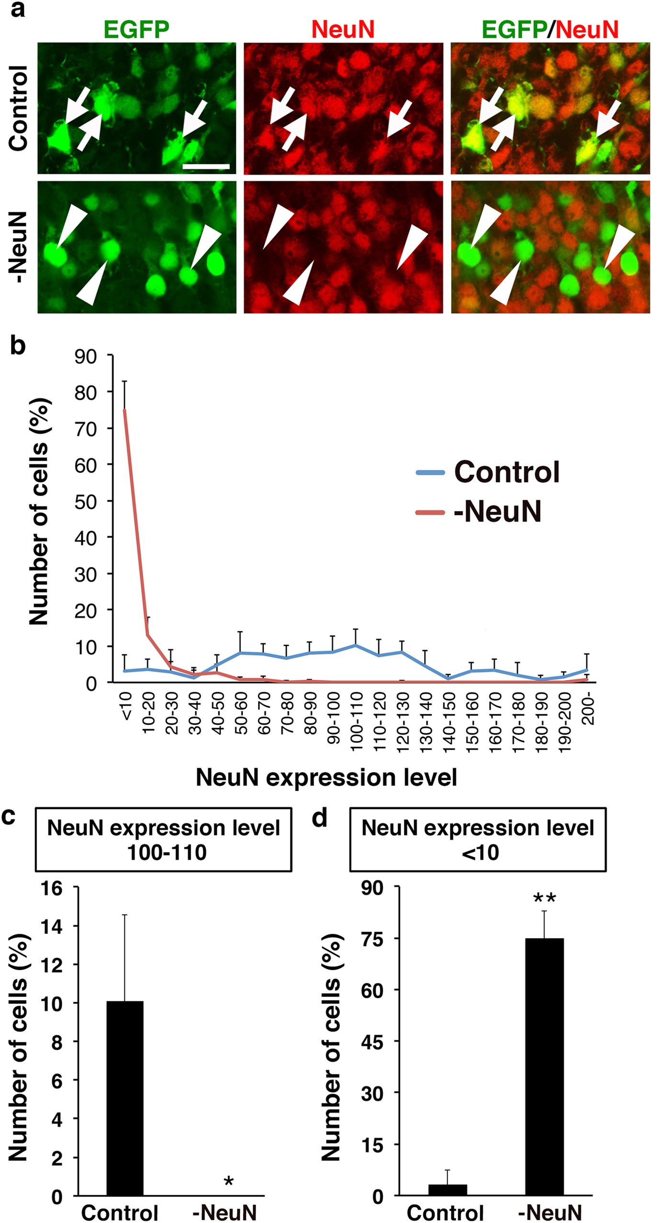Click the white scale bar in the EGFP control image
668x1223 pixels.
pyautogui.click(x=206, y=167)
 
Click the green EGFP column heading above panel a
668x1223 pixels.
pyautogui.click(x=136, y=29)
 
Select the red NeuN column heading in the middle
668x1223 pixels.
pyautogui.click(x=343, y=29)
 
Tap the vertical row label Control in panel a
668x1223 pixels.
pyautogui.click(x=19, y=109)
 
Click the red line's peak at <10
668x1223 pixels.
pyautogui.click(x=125, y=410)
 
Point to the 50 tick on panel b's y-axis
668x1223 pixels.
pyautogui.click(x=86, y=501)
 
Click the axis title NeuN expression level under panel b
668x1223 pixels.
pyautogui.click(x=326, y=777)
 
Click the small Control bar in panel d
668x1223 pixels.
pyautogui.click(x=447, y=1190)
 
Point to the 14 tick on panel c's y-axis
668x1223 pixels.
pyautogui.click(x=52, y=927)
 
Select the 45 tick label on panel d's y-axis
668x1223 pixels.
pyautogui.click(x=372, y=1042)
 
